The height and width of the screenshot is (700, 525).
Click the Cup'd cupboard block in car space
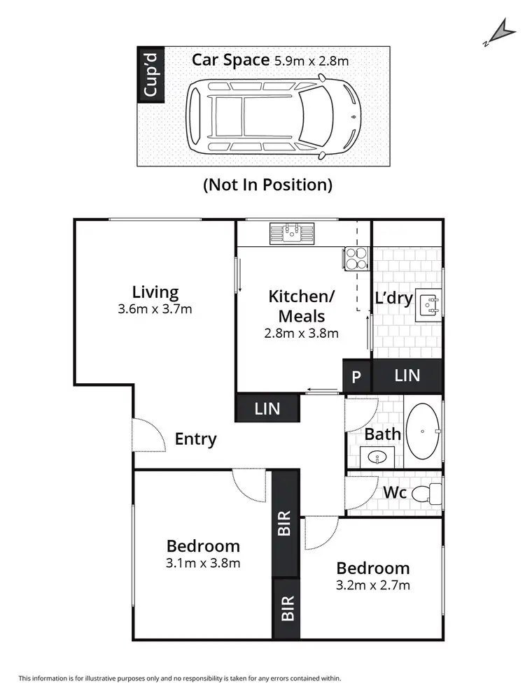pyautogui.click(x=150, y=76)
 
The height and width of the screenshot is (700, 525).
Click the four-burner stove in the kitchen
pyautogui.click(x=356, y=259)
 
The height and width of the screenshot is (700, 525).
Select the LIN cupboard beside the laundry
pyautogui.click(x=407, y=376)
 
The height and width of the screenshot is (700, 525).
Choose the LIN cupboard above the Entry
pyautogui.click(x=267, y=408)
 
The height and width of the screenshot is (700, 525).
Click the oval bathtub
pyautogui.click(x=423, y=431)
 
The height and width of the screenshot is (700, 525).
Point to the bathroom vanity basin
pyautogui.click(x=377, y=458)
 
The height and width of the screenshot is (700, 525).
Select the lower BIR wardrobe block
pyautogui.click(x=286, y=608)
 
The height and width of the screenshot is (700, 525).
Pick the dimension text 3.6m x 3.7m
pyautogui.click(x=155, y=308)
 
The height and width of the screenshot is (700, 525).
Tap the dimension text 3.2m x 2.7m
pyautogui.click(x=372, y=585)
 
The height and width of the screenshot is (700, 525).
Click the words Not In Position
pyautogui.click(x=267, y=185)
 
